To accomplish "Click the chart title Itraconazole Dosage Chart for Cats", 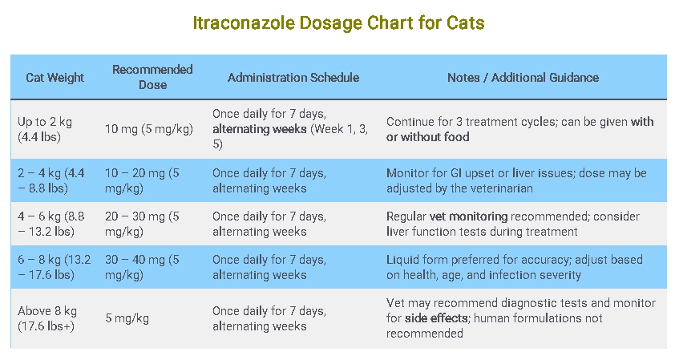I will [x=337, y=22].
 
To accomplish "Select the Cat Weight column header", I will [x=55, y=78].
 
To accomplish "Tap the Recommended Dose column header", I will [x=152, y=77].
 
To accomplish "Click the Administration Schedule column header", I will [x=293, y=78].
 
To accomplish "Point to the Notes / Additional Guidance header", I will [x=523, y=78].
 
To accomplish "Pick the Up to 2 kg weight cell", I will [x=45, y=129].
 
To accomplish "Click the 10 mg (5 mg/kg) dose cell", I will [x=146, y=129].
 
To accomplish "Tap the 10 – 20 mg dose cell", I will [x=142, y=180].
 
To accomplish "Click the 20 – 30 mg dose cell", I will [x=142, y=224].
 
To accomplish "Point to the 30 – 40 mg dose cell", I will [x=142, y=267].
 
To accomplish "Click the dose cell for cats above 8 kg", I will [x=127, y=318].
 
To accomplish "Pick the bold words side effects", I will [x=438, y=318].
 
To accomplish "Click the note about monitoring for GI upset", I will [x=516, y=180].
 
